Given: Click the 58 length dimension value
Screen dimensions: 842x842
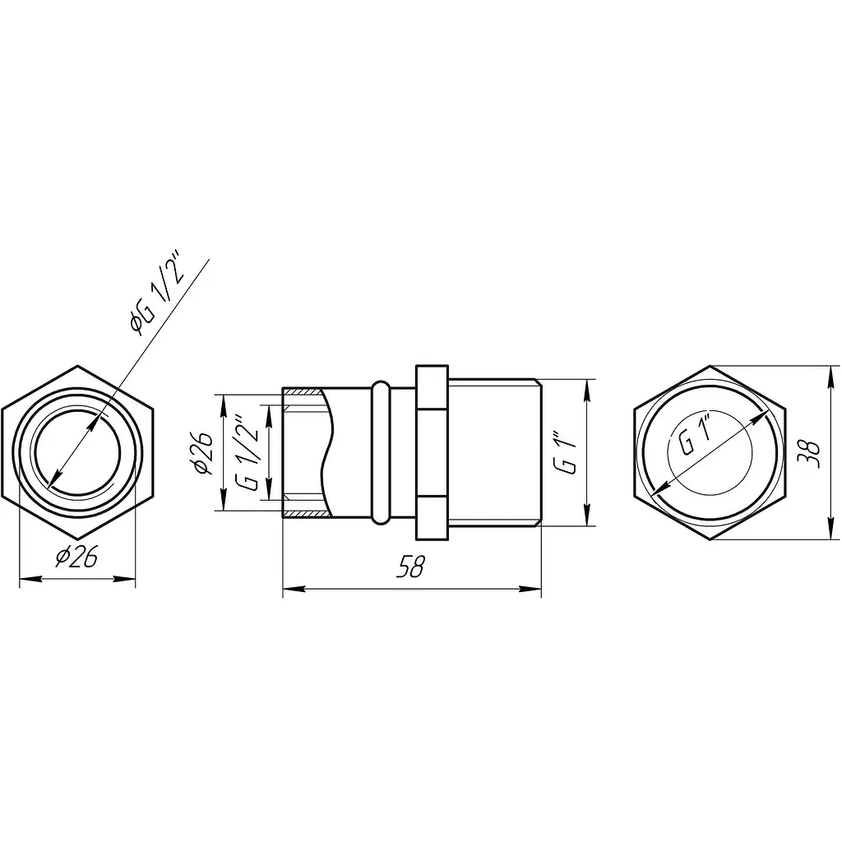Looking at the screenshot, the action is [410, 567].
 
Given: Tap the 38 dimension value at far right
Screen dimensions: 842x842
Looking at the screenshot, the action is [809, 454].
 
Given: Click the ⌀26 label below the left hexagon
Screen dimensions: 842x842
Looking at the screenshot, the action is [76, 557].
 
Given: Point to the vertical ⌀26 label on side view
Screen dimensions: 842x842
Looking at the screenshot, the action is [203, 454].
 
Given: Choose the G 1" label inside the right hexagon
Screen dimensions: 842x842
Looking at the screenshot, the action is [696, 436].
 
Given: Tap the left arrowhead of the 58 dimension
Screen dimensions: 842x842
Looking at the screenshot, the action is [294, 589].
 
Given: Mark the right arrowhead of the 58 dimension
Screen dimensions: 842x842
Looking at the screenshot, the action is [530, 589].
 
